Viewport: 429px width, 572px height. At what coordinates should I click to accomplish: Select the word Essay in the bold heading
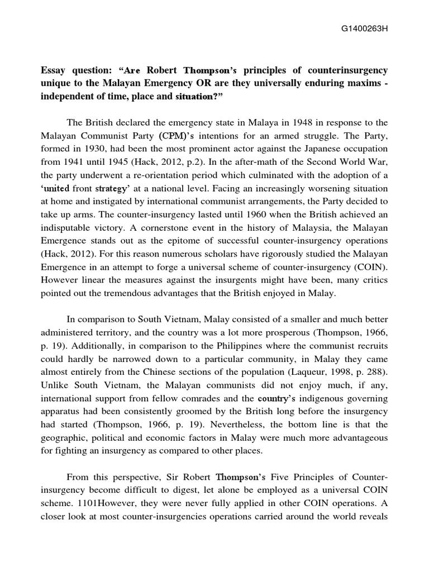click(x=54, y=71)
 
